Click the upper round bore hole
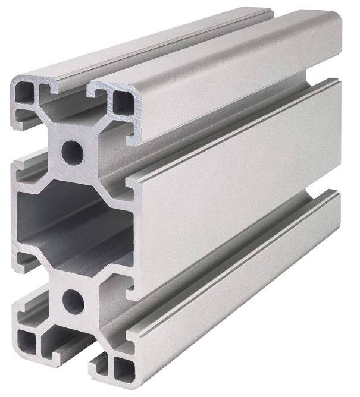tap(73, 147)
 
